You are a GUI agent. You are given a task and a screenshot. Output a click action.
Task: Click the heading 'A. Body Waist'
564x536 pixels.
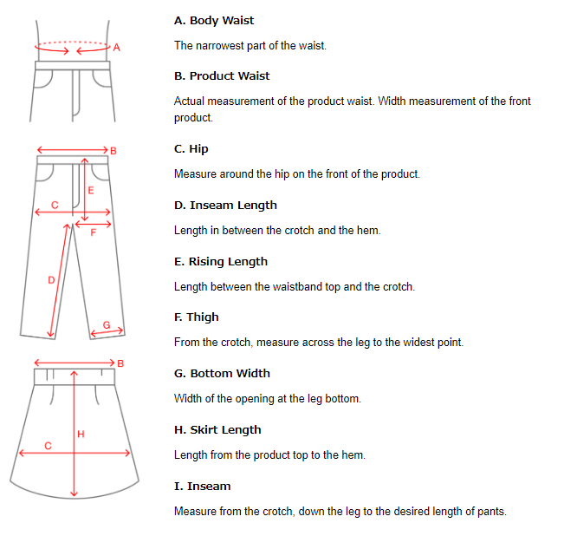tap(214, 20)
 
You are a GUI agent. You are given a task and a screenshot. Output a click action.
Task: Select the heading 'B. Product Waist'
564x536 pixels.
tap(222, 76)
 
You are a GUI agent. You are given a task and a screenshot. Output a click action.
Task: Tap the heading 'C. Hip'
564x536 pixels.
tap(191, 149)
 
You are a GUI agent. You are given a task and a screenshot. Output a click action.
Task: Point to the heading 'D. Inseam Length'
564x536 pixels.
tap(225, 206)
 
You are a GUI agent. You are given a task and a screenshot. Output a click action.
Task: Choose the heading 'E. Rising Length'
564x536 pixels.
tap(221, 262)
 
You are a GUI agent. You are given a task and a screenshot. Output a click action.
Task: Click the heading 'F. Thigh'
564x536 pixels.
tap(197, 317)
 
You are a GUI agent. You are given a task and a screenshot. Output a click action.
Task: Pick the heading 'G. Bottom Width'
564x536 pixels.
tap(222, 374)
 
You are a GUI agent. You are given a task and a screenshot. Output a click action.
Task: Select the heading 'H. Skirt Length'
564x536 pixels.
tap(217, 430)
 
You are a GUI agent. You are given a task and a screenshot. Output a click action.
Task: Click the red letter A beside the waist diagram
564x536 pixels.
tap(117, 49)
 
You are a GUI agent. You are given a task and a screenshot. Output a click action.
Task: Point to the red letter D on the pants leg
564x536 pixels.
tap(51, 280)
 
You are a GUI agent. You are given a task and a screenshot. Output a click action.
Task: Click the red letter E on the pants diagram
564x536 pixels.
tap(91, 189)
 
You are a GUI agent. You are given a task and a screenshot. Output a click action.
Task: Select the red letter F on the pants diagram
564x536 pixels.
tap(94, 232)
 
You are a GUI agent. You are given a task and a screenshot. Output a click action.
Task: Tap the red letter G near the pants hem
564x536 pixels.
tap(107, 324)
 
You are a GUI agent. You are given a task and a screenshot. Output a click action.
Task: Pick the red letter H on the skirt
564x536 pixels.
tap(81, 434)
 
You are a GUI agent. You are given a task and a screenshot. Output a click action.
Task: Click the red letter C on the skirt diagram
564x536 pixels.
tap(49, 445)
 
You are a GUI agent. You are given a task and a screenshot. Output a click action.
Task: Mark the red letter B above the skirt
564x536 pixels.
tap(120, 363)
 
